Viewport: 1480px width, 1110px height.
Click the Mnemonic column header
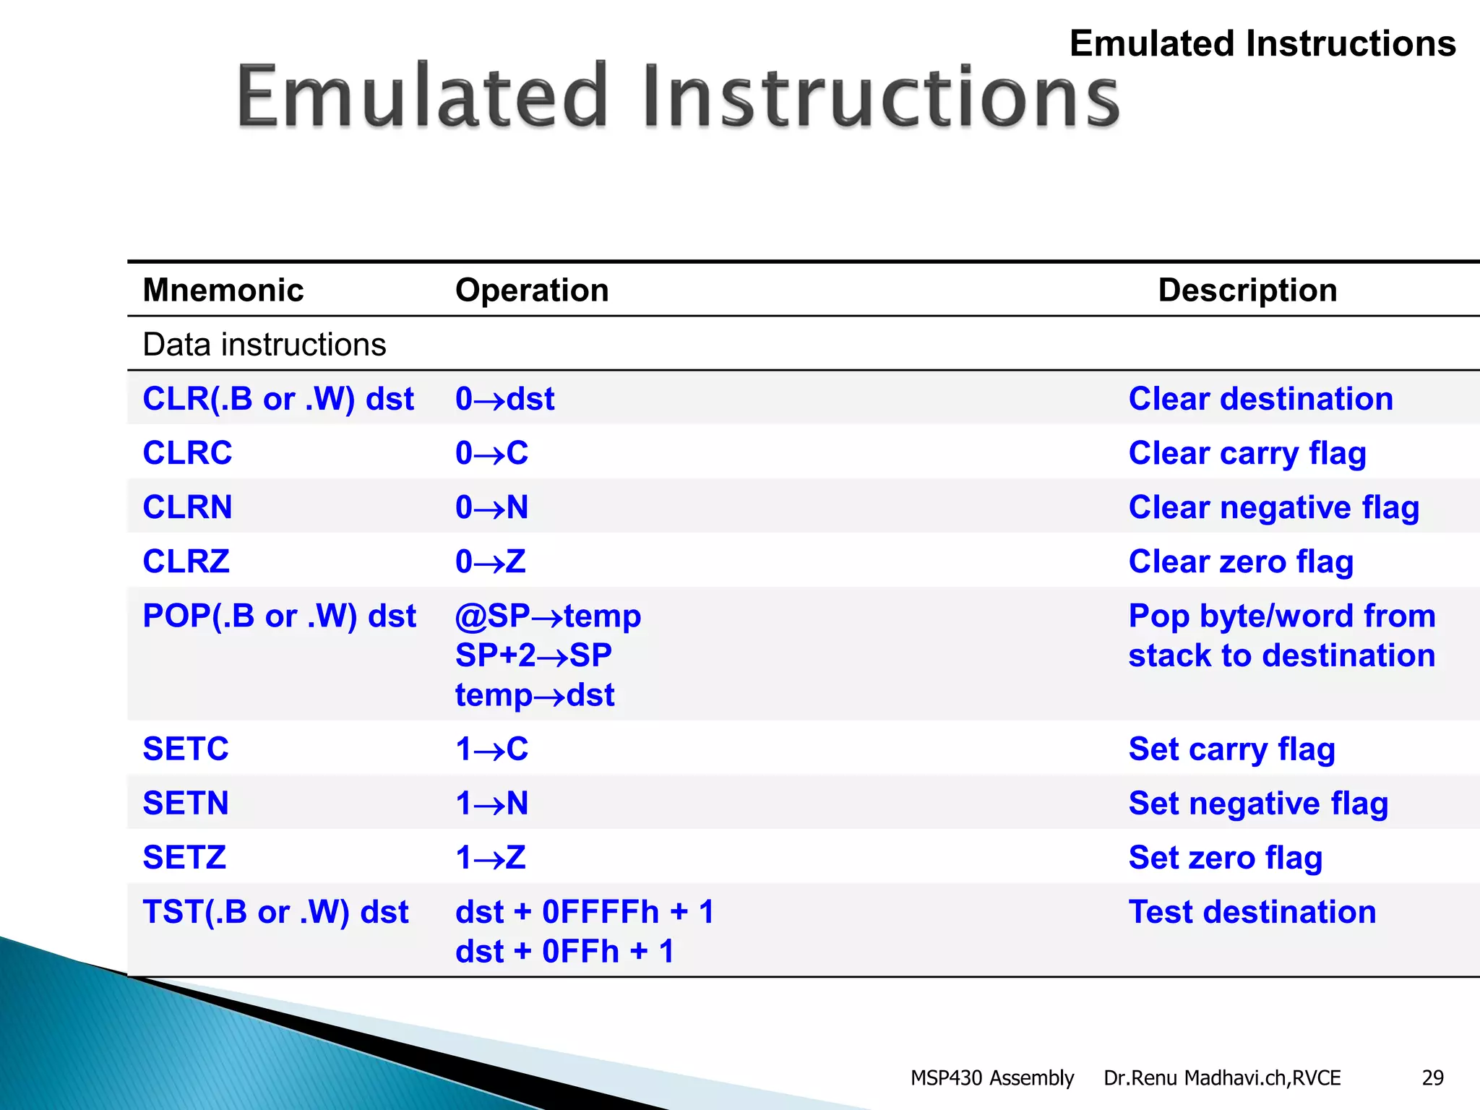coord(223,290)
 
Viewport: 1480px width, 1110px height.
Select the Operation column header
coord(532,290)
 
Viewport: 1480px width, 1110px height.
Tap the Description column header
coord(1247,290)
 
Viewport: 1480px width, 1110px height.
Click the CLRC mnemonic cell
coord(187,453)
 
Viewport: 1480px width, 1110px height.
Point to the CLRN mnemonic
coord(187,507)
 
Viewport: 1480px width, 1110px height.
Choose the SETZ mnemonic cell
coord(184,858)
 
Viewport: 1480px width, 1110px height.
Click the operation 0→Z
coord(491,562)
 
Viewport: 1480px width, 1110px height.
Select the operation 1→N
coord(492,804)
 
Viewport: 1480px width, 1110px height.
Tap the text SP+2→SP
coord(533,655)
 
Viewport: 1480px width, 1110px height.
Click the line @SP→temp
coord(548,616)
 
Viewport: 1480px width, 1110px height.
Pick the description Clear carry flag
coord(1247,453)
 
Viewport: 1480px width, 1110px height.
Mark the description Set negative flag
coord(1258,804)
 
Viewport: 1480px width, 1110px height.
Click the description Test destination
coord(1252,912)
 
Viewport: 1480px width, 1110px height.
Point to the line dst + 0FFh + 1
coord(564,952)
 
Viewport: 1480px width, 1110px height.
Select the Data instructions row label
coord(264,345)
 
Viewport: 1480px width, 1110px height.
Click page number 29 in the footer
coord(1432,1077)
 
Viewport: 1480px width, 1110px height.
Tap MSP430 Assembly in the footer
coord(991,1077)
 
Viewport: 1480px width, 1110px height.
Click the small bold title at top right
coord(1262,43)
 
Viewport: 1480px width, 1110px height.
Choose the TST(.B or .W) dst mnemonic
coord(275,912)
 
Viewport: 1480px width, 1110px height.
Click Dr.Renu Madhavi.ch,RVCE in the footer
coord(1222,1077)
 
